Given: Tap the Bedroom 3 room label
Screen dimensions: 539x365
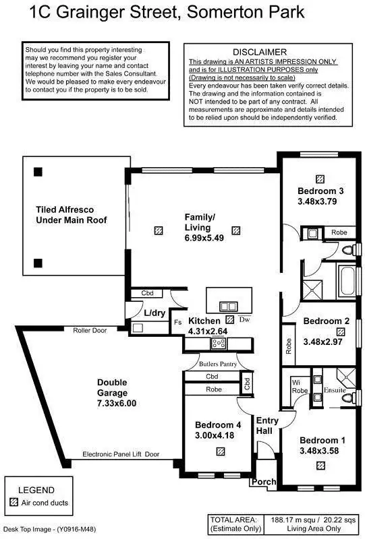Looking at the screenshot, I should [320, 191].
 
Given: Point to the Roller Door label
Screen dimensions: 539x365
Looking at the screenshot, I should [90, 330].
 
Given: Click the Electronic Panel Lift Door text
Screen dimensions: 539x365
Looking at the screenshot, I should [121, 455].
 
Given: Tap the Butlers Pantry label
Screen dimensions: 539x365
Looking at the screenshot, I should [217, 364].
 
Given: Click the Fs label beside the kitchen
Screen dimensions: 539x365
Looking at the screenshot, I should [178, 323].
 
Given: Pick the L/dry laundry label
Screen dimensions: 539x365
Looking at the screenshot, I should [155, 313].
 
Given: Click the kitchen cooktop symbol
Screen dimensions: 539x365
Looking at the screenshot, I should [219, 344].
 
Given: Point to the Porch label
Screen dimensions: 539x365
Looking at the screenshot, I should [263, 482].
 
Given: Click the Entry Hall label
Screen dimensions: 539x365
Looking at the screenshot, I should [267, 425].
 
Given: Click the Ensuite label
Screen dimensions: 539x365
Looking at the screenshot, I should [335, 389].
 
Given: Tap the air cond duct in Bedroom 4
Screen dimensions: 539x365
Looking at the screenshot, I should [220, 453].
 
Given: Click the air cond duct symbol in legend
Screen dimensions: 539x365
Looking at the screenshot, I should [13, 503].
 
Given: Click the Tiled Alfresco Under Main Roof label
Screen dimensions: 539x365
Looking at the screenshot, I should [71, 215].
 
